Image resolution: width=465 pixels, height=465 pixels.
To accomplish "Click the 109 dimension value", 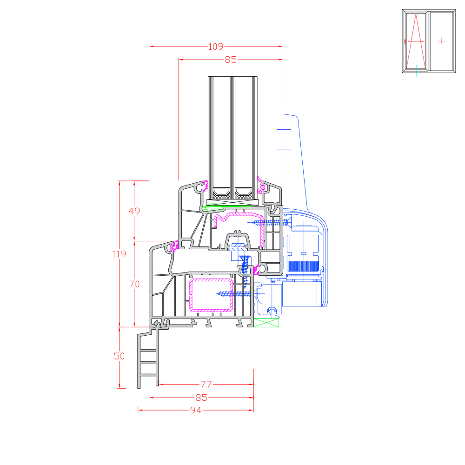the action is click(216, 46).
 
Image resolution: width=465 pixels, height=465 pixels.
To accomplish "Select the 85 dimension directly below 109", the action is click(231, 60).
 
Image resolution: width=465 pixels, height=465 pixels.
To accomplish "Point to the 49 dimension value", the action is click(134, 211).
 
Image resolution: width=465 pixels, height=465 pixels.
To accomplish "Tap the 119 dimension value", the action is click(119, 254).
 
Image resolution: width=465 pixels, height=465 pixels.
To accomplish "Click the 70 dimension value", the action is click(134, 284).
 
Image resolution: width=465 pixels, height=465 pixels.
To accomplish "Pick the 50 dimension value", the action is click(119, 356).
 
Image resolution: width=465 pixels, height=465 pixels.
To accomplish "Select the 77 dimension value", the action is click(206, 385).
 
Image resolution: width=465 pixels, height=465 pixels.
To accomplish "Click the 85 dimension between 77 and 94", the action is click(201, 398).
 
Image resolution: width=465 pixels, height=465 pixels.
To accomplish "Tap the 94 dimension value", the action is click(196, 410).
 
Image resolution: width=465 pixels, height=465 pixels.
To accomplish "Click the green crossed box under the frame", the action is click(266, 323).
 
